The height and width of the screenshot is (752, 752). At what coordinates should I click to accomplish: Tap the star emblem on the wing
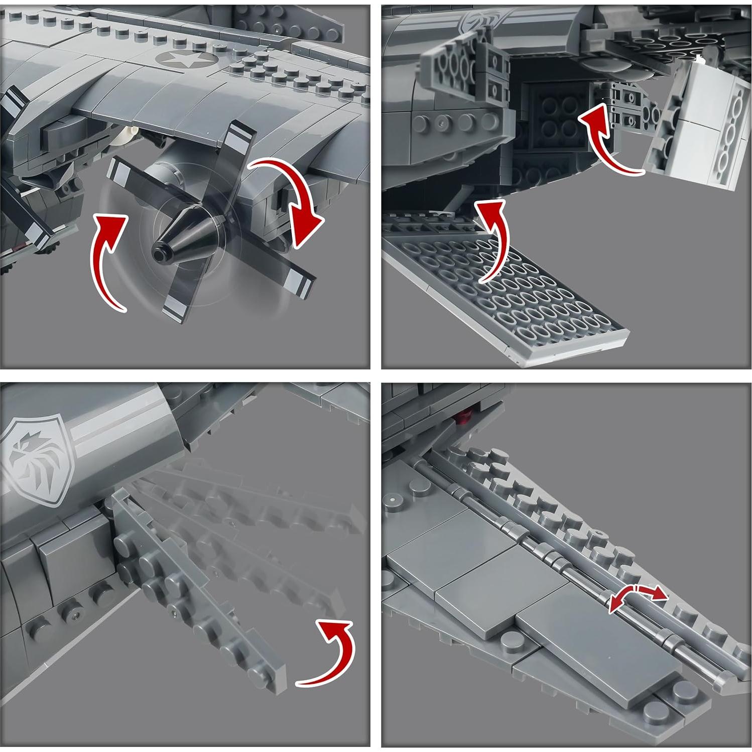[x=186, y=61]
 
